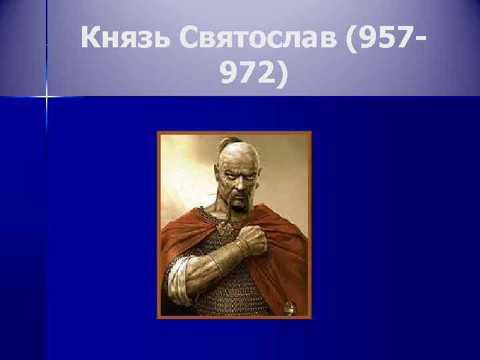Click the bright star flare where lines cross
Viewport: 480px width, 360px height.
(x=46, y=97)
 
